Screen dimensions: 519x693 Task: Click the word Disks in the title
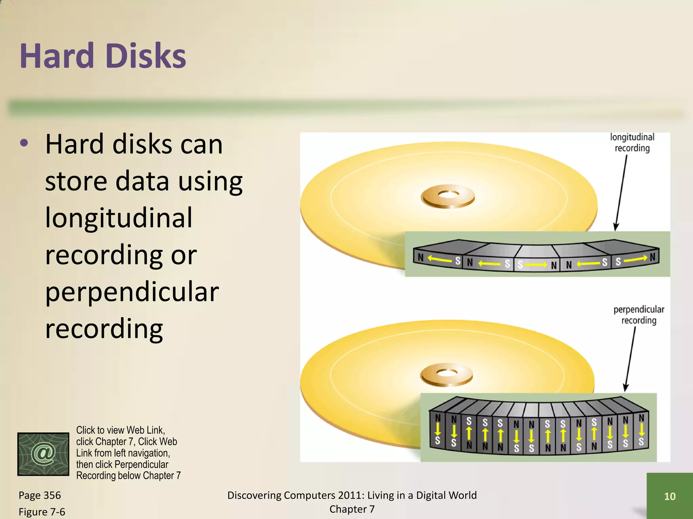tap(146, 56)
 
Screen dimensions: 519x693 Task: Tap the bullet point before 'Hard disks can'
tap(24, 143)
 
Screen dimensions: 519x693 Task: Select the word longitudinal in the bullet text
tap(118, 218)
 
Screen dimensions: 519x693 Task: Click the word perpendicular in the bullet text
tap(132, 292)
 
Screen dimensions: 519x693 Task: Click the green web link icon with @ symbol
tap(43, 454)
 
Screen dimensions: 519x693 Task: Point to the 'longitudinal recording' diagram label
tap(632, 143)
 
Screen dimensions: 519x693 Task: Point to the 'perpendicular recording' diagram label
tap(639, 315)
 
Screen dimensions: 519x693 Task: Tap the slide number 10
tap(670, 496)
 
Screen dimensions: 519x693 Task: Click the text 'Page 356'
tap(40, 495)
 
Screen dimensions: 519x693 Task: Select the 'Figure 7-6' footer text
tap(42, 512)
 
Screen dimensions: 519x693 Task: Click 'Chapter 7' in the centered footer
tap(352, 509)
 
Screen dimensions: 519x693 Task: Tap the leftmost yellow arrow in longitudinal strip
tap(440, 259)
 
